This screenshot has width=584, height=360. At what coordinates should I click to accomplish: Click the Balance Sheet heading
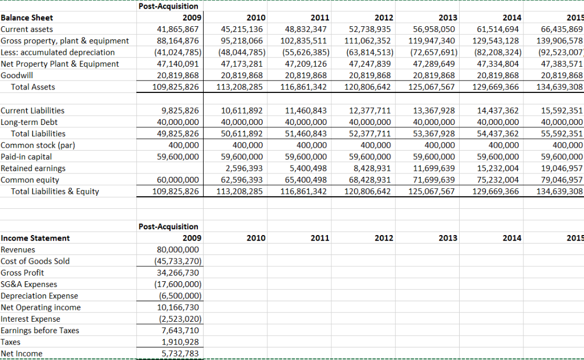[27, 18]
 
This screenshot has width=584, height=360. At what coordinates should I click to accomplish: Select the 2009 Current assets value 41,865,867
[177, 29]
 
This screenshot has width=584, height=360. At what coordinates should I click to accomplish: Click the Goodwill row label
[17, 75]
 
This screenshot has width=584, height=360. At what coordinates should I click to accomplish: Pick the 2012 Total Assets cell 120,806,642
[368, 87]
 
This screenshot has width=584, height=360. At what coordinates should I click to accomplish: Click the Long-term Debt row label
[29, 122]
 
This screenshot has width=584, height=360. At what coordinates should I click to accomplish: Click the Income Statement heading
[35, 238]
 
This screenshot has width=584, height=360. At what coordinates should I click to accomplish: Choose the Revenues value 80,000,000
[177, 249]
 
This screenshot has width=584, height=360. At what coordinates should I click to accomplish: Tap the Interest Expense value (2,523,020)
[177, 319]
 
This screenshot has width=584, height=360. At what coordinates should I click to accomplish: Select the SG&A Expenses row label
[28, 284]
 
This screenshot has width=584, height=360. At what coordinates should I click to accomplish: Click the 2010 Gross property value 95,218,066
[241, 41]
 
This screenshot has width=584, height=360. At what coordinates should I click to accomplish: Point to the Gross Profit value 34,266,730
[177, 273]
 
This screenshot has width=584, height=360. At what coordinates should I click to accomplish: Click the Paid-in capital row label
[26, 157]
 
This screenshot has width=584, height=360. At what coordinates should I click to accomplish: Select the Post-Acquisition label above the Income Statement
[168, 226]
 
